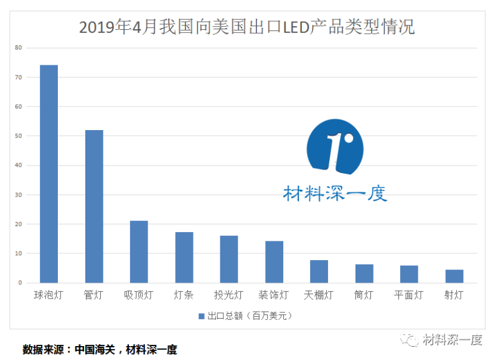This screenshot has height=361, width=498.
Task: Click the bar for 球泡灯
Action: point(49,174)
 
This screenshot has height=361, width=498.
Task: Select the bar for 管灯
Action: point(94,207)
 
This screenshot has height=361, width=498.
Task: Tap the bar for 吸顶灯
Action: point(139,252)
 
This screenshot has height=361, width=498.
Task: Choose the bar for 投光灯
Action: point(229,260)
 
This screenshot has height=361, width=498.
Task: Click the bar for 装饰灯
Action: point(274,262)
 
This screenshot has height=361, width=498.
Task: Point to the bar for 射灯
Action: point(454,276)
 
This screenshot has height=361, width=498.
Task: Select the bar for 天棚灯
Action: point(319,272)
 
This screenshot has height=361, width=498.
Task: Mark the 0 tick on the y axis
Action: point(20,283)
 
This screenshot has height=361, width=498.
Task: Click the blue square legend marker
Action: point(201,316)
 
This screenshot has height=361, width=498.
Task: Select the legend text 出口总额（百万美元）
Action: point(250,316)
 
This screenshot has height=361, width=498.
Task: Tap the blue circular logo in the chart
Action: point(335,146)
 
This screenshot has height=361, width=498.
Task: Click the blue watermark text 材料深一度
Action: point(335,194)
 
